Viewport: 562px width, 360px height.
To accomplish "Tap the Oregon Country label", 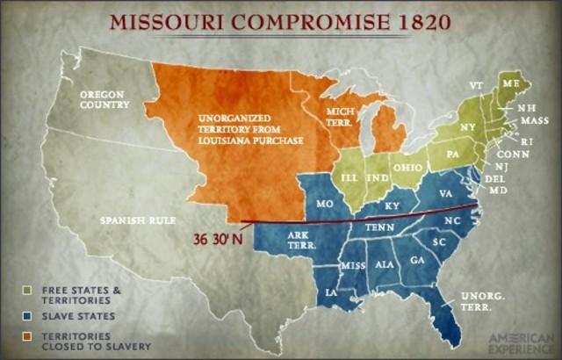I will click(x=104, y=98).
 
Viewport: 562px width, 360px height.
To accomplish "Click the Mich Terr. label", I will click(x=341, y=118).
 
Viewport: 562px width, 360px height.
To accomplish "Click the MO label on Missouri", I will click(x=326, y=203).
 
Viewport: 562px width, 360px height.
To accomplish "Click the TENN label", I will click(x=380, y=227).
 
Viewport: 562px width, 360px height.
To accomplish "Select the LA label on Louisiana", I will click(x=331, y=292).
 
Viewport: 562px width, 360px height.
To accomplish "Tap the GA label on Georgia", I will click(x=415, y=260).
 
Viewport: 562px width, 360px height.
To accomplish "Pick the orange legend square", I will click(x=29, y=336).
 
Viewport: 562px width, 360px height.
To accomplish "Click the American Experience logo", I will click(x=517, y=339).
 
